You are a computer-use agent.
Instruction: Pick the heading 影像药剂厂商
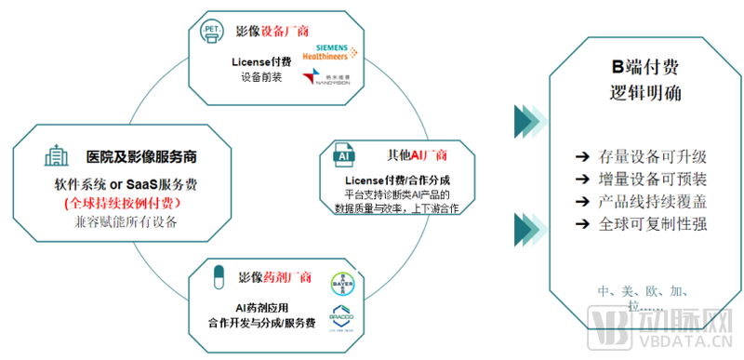coord(274,277)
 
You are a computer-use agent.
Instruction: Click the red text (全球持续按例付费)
coord(135,202)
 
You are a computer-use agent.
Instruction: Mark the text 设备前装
coord(262,78)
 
